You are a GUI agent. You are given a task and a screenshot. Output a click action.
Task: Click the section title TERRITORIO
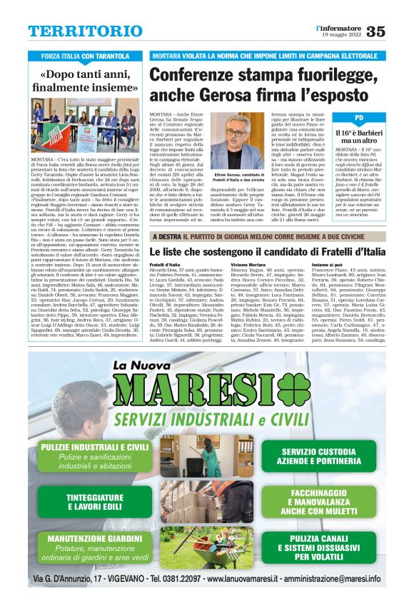[75, 31]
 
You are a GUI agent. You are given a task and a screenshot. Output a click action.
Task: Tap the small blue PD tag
[359, 116]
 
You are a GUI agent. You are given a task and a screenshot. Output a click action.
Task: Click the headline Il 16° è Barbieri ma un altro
[359, 136]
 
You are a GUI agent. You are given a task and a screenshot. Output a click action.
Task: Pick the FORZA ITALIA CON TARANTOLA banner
[85, 56]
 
